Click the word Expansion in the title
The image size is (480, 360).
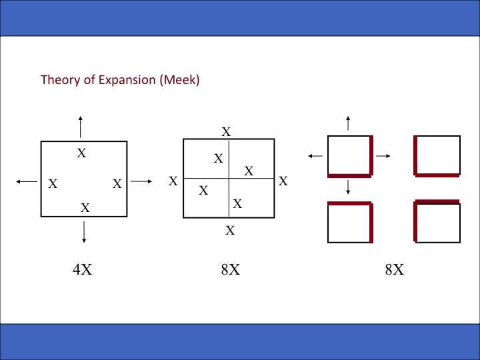tap(129, 80)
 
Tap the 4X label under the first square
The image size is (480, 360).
tap(82, 269)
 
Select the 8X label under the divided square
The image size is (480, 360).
tap(230, 269)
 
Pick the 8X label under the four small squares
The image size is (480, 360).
tap(394, 269)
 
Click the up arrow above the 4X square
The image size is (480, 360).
tap(81, 126)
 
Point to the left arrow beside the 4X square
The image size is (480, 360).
tap(26, 181)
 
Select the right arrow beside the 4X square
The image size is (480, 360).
tap(142, 181)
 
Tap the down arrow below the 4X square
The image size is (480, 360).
tap(84, 231)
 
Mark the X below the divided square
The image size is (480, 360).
tap(230, 231)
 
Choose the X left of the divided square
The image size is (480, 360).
tap(173, 181)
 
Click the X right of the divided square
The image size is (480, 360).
tap(283, 181)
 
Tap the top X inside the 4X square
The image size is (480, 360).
tap(81, 153)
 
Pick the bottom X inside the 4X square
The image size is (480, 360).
tap(85, 208)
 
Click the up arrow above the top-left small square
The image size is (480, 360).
tap(347, 123)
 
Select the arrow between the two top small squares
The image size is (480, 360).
tap(383, 155)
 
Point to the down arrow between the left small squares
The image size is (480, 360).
tap(348, 188)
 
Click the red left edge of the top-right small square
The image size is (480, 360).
tap(415, 156)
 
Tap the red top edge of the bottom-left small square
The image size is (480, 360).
tap(349, 203)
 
